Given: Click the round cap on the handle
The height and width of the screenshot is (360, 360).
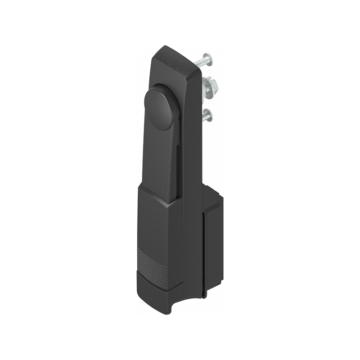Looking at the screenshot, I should (159, 108).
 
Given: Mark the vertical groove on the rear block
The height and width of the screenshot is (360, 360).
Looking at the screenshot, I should (205, 252).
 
